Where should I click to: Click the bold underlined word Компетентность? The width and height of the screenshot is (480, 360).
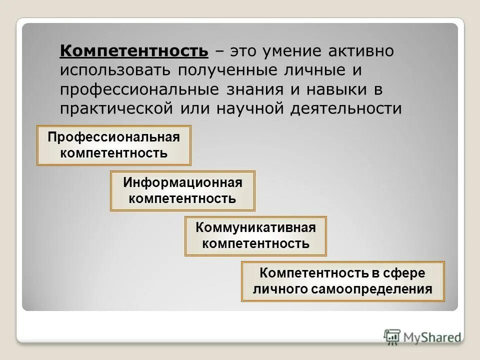coord(134,51)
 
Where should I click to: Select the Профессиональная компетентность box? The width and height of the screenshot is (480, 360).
coord(114,145)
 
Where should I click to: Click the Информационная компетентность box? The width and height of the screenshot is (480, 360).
coord(182,190)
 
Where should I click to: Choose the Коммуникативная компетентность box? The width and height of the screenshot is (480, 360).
coord(255,236)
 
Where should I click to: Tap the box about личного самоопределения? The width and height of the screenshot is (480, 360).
coord(342,281)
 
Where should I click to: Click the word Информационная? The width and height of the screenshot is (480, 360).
coord(182,182)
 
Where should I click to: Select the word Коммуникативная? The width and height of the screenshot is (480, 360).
coord(255,228)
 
